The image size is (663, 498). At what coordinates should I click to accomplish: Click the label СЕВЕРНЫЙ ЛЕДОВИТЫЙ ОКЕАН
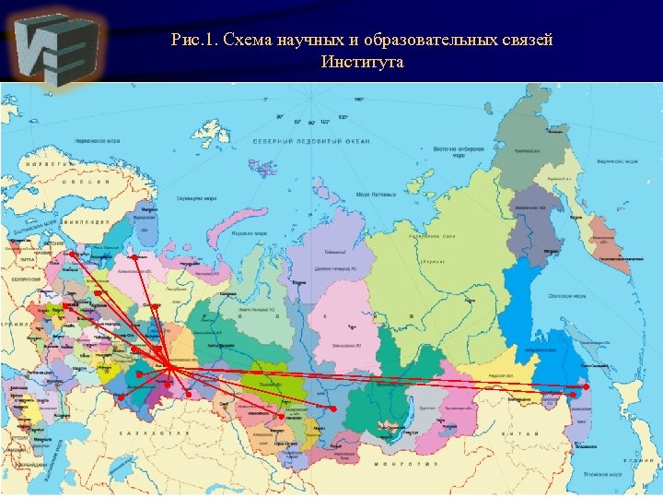point(311,141)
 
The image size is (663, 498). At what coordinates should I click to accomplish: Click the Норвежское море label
point(99,142)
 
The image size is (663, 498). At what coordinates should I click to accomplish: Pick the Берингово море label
point(617,160)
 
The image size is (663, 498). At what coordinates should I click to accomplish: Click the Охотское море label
point(566,296)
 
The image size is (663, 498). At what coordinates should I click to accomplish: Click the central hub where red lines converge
point(169,368)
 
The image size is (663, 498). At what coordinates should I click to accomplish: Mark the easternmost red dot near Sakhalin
point(586,387)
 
